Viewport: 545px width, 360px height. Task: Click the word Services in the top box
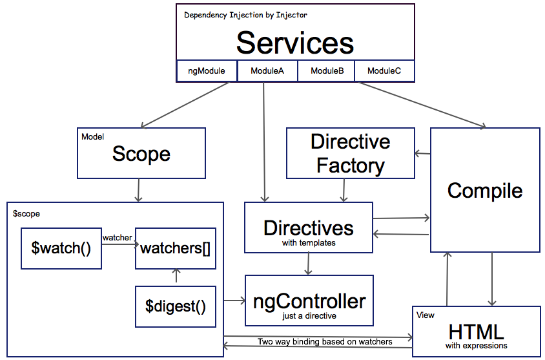[x=295, y=43]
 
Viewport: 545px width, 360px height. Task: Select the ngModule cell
[x=207, y=71]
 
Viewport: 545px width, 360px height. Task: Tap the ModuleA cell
[x=267, y=71]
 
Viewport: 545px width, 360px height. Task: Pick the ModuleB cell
[x=326, y=71]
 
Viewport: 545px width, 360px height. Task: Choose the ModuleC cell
[x=384, y=71]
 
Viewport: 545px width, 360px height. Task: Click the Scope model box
[x=141, y=153]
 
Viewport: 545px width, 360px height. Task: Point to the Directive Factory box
[x=351, y=153]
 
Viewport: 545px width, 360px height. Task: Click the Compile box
[x=485, y=190]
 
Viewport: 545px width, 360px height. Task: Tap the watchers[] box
[x=175, y=248]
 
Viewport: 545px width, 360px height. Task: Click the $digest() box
[x=175, y=306]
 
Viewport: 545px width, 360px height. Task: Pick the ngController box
[x=309, y=301]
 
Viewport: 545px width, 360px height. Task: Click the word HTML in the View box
[x=476, y=332]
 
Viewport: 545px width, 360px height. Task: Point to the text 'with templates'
[x=309, y=244]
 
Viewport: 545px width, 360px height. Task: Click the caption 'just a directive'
[x=309, y=316]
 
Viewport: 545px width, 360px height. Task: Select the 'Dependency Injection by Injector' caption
[x=245, y=15]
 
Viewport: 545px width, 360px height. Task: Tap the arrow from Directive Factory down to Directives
[x=344, y=190]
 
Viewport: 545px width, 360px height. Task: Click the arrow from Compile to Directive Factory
[x=422, y=154]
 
